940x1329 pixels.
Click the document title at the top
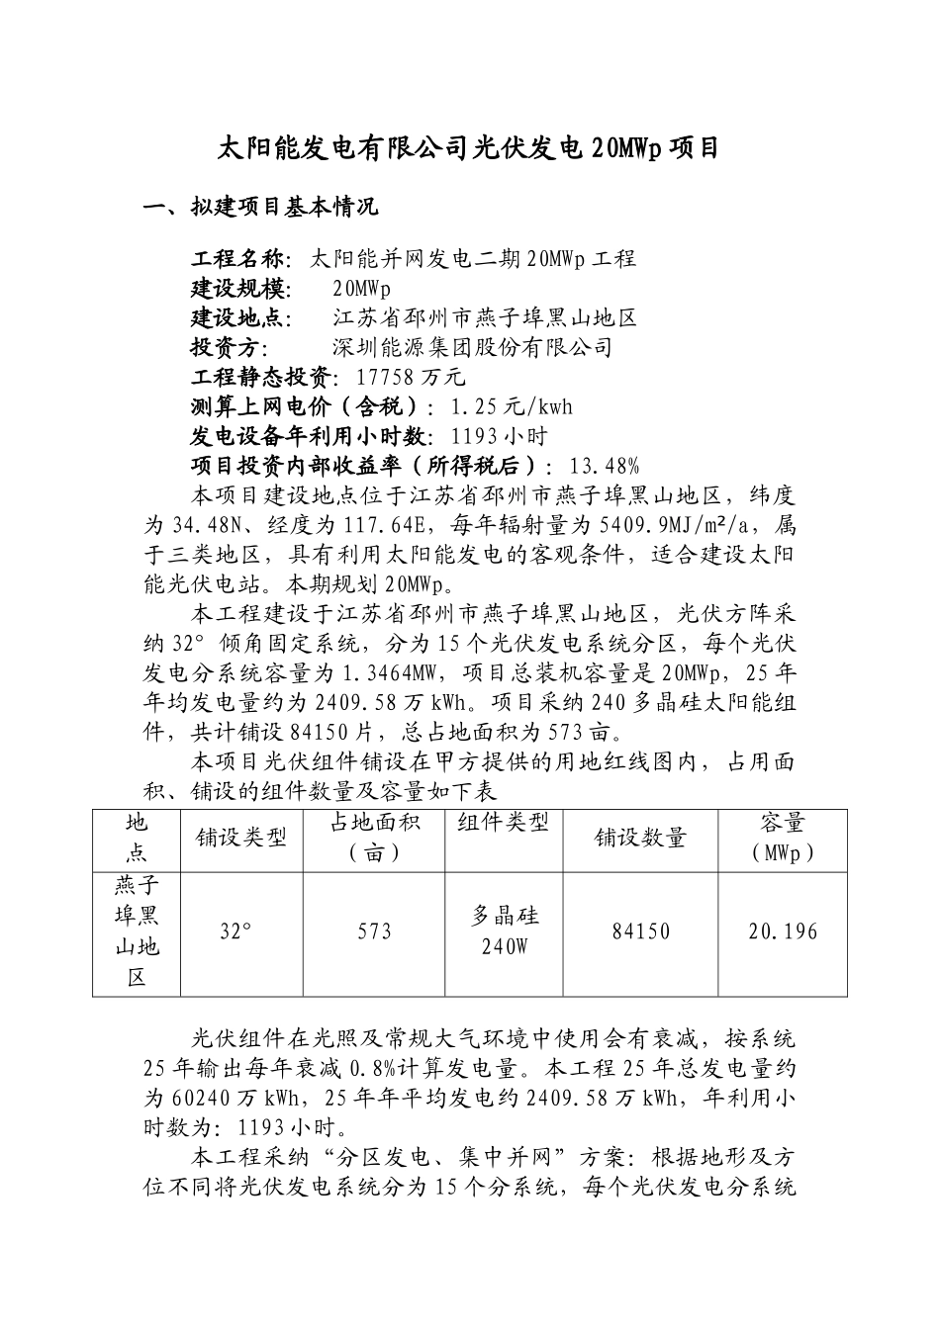[x=468, y=149]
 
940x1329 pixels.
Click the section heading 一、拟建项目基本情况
[x=260, y=208]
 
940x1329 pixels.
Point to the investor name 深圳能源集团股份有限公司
[x=473, y=347]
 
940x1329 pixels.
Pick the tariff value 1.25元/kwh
[x=511, y=406]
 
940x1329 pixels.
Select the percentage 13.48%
[x=606, y=466]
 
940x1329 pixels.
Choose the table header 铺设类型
[x=241, y=838]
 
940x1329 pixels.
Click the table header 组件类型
[x=503, y=823]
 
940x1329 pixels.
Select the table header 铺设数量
[x=640, y=838]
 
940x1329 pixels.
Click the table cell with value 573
[x=375, y=931]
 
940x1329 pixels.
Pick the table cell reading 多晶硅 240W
[x=505, y=931]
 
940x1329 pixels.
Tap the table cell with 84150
[x=641, y=931]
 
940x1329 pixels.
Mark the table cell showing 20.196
[x=783, y=931]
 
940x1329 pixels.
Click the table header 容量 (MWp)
[x=783, y=838]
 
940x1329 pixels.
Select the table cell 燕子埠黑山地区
[x=137, y=931]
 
